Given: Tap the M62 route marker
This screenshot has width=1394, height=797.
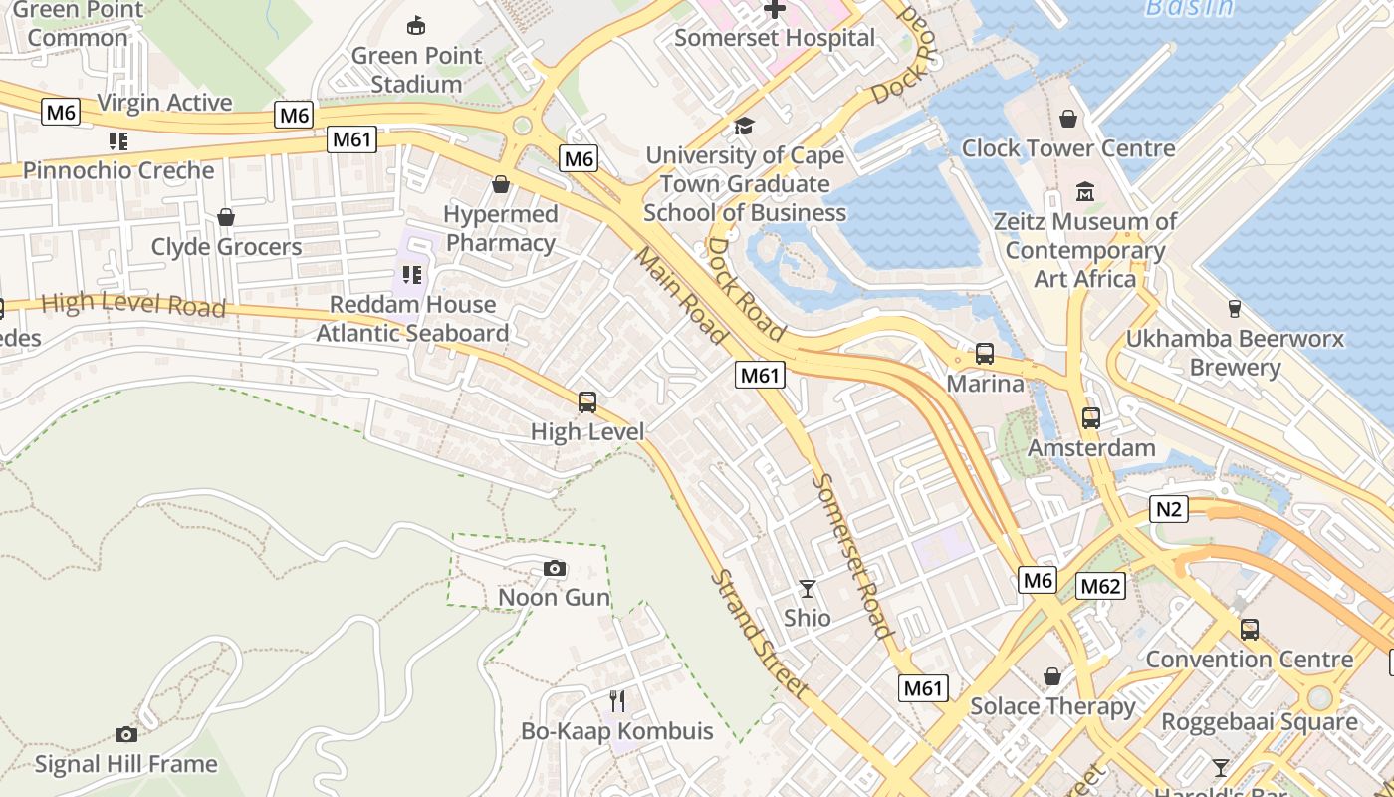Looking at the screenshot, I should click(1100, 586).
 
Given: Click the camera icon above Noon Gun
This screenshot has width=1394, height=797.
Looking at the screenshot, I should click(555, 568).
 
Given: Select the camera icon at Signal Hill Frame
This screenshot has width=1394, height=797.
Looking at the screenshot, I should click(126, 734).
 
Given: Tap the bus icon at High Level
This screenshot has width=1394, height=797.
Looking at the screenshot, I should click(587, 402).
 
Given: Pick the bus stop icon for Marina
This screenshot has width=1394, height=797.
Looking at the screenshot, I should click(985, 354).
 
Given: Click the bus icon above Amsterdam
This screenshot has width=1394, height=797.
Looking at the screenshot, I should click(1091, 418).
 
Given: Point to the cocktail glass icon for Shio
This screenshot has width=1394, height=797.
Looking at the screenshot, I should click(807, 589).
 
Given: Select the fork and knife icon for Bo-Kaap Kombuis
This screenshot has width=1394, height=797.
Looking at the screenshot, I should click(617, 701).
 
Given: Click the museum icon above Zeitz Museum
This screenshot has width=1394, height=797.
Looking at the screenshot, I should click(1084, 191).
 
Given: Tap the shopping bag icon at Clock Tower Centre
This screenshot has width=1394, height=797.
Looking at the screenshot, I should click(1068, 120).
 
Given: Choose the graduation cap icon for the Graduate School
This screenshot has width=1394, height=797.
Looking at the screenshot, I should click(744, 126).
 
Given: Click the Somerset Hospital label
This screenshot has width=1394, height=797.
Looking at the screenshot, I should click(775, 38).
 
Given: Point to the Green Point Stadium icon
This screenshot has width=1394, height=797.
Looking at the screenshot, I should click(416, 26).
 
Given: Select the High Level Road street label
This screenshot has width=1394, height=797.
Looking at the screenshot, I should click(133, 305).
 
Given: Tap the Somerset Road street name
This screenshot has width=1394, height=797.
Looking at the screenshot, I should click(851, 554).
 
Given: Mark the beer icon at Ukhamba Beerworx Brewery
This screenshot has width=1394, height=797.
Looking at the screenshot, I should click(1235, 309).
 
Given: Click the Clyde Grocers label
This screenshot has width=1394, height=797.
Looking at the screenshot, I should click(226, 246).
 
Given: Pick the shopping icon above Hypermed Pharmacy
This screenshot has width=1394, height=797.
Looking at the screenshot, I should click(501, 185).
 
